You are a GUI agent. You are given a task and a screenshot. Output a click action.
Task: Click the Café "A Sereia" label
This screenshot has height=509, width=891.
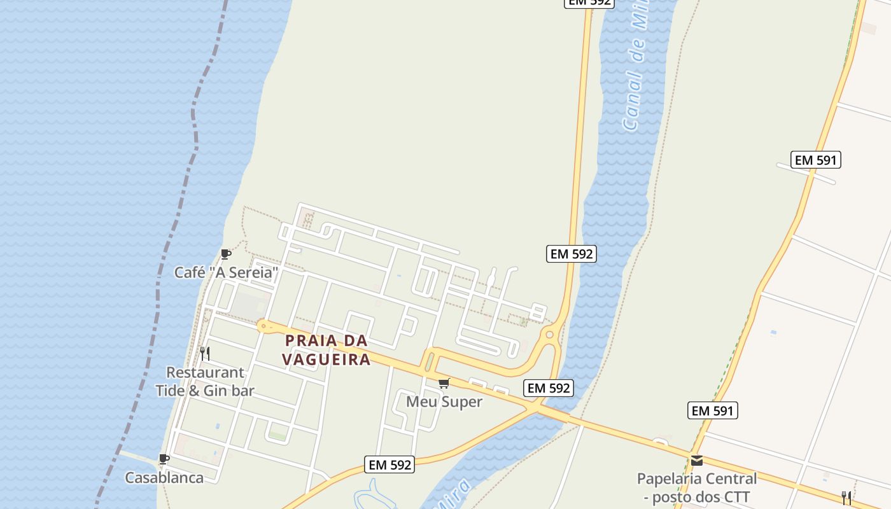227,273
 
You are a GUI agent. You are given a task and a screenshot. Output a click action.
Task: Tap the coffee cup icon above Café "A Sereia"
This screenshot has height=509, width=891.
225,254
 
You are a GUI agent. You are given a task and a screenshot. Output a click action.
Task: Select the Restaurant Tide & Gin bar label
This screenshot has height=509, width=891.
205,382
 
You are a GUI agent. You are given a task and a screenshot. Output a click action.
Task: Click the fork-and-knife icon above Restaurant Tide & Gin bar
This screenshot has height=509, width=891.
205,353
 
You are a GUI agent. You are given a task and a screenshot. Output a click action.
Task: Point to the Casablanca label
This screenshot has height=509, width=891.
164,478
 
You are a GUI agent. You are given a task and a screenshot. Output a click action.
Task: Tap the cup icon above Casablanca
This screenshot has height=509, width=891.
164,459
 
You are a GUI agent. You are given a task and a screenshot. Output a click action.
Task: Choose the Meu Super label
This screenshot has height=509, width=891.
444,402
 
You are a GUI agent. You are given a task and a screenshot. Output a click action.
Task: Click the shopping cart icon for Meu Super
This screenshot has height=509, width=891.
444,383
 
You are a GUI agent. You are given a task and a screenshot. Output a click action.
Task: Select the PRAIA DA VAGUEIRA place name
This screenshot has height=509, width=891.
326,350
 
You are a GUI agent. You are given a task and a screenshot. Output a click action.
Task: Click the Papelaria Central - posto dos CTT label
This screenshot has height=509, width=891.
697,487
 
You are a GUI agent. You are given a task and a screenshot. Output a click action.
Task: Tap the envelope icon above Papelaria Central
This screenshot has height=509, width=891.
697,460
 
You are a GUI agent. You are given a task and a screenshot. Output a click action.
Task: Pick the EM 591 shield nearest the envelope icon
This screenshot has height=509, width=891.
713,411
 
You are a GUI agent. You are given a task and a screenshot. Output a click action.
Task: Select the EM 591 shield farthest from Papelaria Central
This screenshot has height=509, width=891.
816,160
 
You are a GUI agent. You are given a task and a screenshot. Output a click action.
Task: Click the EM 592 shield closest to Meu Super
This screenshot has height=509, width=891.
549,388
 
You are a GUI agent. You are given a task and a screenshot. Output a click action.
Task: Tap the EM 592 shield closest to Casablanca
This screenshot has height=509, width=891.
390,465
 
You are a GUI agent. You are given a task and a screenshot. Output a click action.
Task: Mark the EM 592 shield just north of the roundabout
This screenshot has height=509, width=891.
572,254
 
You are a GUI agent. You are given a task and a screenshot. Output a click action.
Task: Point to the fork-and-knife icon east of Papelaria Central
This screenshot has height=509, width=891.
846,498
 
